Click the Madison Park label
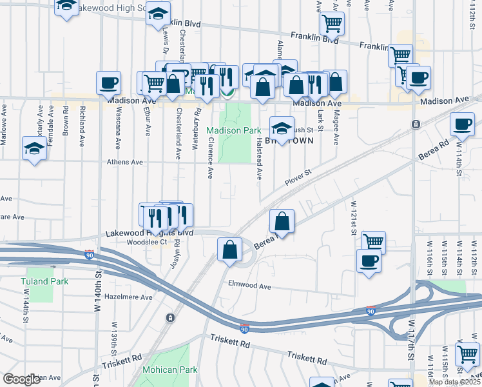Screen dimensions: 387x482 point(233,130)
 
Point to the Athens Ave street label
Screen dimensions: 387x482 point(125,163)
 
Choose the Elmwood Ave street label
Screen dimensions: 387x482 point(249,284)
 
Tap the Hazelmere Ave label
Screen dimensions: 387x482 point(128,297)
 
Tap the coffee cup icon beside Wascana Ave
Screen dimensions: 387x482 point(108,83)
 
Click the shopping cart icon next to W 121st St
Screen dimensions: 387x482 point(373,243)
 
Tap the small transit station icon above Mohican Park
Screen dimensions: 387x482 point(169,317)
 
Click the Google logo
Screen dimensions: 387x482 point(22,379)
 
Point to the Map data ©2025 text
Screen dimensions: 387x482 point(454,382)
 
